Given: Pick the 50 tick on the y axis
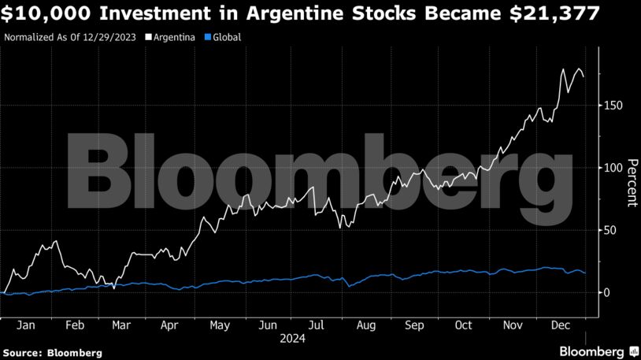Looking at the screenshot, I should (610, 230).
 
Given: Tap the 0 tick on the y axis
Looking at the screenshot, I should (607, 292).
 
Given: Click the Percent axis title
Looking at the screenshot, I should (631, 184).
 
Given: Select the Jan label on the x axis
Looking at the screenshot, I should (25, 324).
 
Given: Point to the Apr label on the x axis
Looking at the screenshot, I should (169, 324).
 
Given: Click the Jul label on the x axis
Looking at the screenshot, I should (316, 324).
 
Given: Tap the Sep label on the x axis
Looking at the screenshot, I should (415, 324).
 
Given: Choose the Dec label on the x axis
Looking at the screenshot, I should (561, 324).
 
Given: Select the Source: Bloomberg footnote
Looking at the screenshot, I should (52, 353).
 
